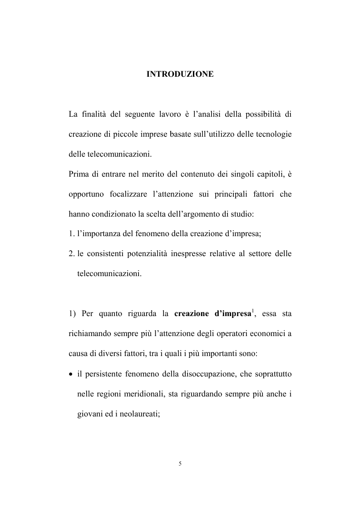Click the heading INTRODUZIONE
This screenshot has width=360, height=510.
[x=180, y=74]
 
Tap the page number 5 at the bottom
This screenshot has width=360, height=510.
[x=180, y=464]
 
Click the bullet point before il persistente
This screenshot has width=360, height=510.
[x=71, y=375]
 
